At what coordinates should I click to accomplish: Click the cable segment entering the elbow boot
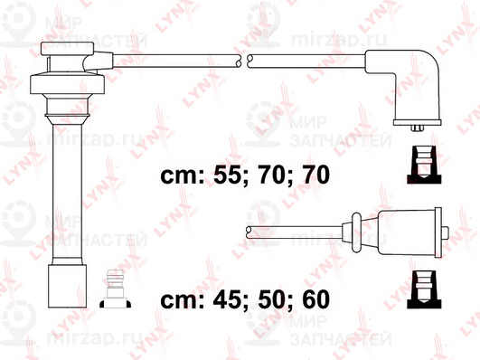307,60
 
